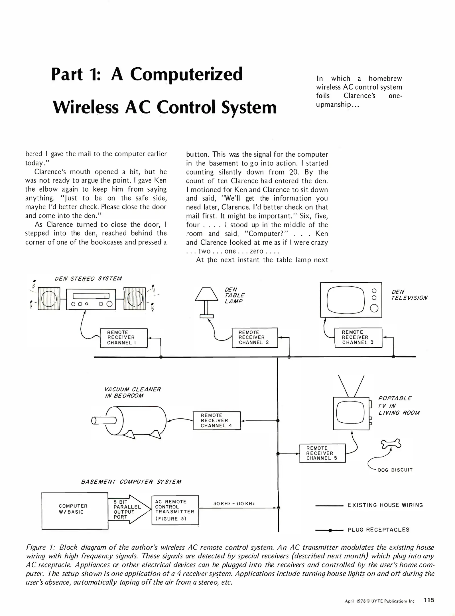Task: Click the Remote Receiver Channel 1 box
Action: pos(124,338)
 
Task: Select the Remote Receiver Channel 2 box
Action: pos(255,338)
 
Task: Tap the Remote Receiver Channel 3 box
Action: pos(358,337)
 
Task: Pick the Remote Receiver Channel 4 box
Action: pos(217,420)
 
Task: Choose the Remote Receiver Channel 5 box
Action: pos(322,453)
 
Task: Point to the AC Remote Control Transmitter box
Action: pos(175,510)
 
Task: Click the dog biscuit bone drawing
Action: pos(391,444)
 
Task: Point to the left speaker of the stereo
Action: pos(49,299)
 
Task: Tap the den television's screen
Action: pos(346,300)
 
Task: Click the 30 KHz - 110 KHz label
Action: pos(234,504)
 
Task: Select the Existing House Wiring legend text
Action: pos(385,505)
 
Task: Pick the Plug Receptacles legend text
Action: pos(378,530)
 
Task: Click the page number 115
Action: pos(429,600)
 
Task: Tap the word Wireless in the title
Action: pos(86,108)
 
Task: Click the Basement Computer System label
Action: pos(131,482)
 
